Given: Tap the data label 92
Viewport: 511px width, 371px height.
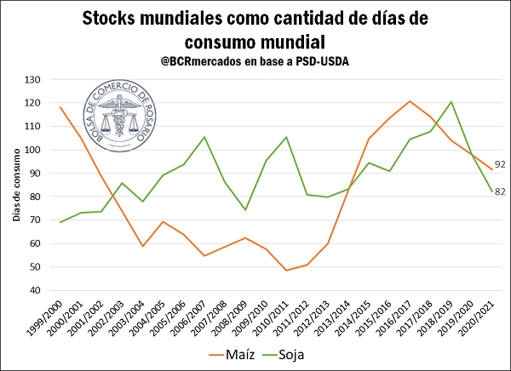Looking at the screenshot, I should coord(500,164).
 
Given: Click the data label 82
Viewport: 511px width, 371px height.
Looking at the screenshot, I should coord(500,191).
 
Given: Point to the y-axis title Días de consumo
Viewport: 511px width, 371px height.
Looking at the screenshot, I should coord(16,185).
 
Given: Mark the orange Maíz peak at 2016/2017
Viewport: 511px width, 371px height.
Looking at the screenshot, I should coord(410,101).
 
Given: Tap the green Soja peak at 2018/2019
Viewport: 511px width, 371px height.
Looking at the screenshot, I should coord(451,102).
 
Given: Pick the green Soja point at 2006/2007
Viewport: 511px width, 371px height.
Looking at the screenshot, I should coord(204,137).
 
